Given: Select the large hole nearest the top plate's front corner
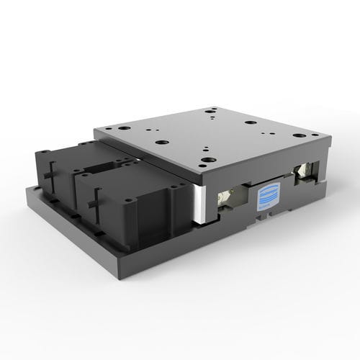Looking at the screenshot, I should click(x=208, y=160).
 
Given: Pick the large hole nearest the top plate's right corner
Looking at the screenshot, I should click(x=298, y=138).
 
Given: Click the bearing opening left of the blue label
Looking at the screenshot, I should click(x=229, y=195).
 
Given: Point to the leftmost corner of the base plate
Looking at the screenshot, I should click(x=26, y=189).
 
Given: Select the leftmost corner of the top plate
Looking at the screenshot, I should click(x=94, y=130).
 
